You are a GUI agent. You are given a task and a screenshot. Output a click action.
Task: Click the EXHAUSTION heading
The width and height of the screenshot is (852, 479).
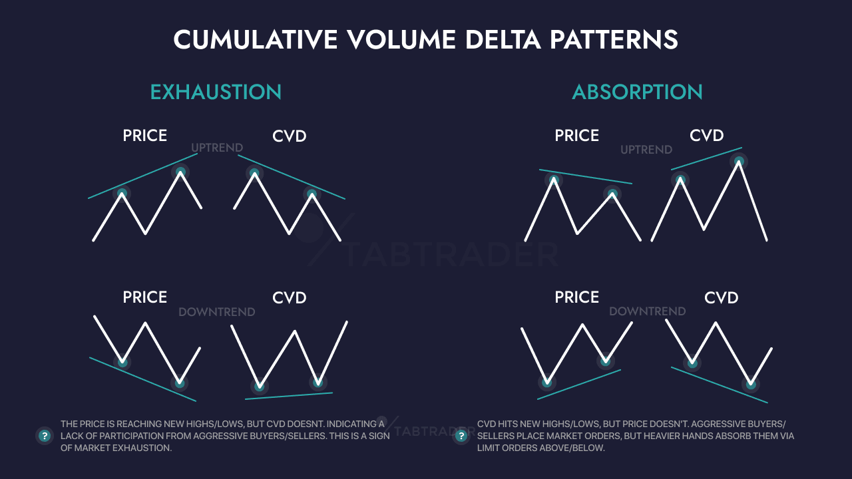click(x=216, y=92)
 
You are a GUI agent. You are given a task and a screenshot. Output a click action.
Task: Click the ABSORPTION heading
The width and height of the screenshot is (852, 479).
click(x=637, y=92)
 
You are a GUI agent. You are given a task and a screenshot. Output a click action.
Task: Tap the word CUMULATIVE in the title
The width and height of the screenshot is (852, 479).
click(x=255, y=40)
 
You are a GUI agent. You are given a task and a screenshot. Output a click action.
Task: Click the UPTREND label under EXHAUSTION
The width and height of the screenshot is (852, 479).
click(x=217, y=148)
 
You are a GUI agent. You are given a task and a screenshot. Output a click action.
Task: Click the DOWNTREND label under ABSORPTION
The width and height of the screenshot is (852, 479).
click(x=647, y=311)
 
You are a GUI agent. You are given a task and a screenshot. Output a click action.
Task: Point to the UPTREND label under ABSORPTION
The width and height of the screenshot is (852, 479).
click(x=646, y=150)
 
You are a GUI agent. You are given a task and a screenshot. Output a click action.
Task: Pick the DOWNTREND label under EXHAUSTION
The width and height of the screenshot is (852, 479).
click(x=217, y=312)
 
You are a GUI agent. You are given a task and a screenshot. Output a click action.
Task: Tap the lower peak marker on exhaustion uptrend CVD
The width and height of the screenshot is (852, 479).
click(x=312, y=195)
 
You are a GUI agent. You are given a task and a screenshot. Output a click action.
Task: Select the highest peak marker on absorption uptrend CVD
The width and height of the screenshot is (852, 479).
click(x=738, y=161)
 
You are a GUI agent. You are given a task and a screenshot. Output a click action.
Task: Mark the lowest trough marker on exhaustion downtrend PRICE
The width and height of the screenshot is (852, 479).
click(x=179, y=383)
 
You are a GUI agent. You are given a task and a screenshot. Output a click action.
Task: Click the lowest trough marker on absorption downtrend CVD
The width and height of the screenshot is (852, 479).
click(x=751, y=384)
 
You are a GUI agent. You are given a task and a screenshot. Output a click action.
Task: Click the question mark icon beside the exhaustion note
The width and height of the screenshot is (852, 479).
click(x=45, y=436)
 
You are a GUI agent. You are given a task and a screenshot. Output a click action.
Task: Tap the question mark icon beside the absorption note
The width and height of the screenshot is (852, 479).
click(x=461, y=436)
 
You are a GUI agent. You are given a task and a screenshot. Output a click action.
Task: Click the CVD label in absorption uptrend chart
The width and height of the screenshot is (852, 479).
click(x=706, y=136)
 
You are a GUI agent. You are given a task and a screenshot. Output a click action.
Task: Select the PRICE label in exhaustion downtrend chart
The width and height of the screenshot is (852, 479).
click(x=144, y=297)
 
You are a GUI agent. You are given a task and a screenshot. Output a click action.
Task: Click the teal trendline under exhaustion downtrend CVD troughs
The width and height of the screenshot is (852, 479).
click(x=289, y=396)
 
